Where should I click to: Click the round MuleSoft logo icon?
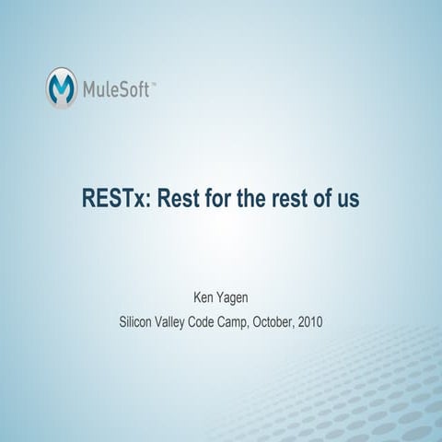coord(62,87)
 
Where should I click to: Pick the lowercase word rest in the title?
coord(297,198)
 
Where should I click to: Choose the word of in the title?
coord(331,198)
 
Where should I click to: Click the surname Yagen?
coord(236,300)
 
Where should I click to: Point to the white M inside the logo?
coord(62,88)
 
